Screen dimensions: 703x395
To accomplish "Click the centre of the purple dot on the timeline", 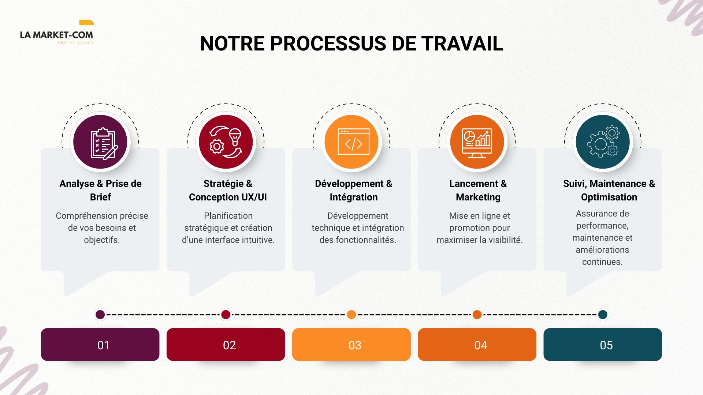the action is [100, 315].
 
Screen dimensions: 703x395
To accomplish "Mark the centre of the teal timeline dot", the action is [603, 315].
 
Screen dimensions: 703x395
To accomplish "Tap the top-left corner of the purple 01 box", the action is [41, 328].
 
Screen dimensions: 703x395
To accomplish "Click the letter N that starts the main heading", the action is [207, 44].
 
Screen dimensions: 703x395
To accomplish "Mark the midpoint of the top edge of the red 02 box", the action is [226, 328].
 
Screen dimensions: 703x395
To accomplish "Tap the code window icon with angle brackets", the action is [353, 142].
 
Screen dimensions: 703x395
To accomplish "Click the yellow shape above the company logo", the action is [86, 22].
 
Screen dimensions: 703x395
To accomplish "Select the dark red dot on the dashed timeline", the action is [226, 315].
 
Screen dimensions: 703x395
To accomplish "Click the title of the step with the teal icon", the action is [609, 190].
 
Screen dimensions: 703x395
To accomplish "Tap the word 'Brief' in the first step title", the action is [100, 197].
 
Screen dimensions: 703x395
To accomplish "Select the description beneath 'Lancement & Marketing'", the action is [479, 228].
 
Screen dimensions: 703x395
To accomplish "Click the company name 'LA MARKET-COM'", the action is [56, 35].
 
